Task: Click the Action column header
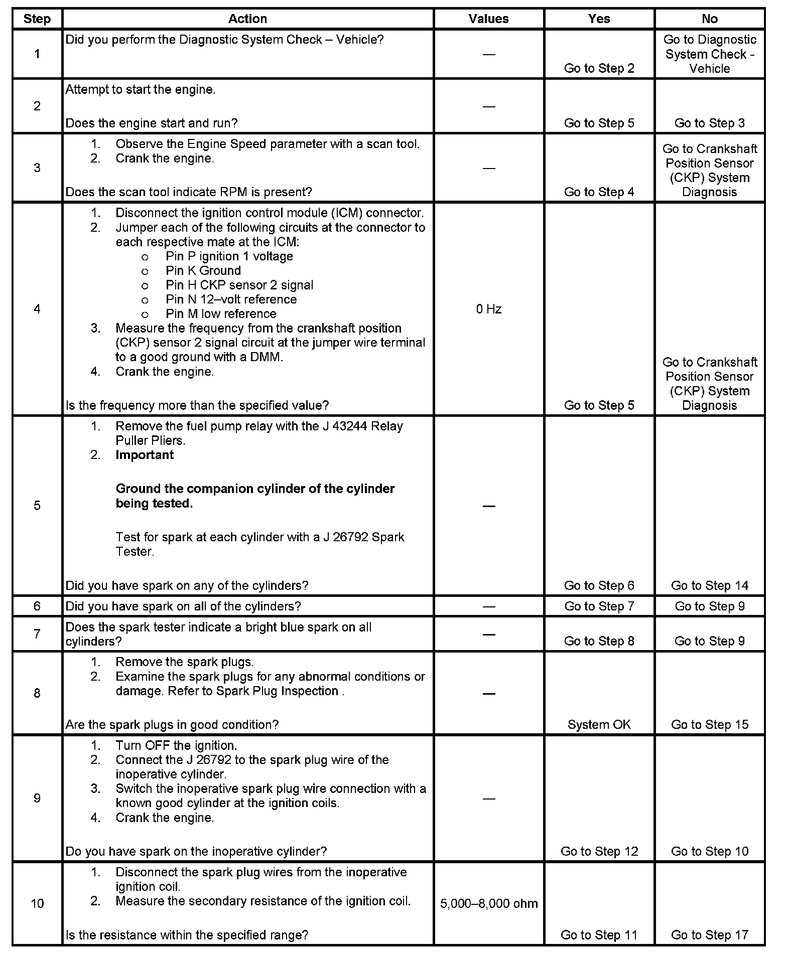point(247,19)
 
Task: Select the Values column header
point(488,19)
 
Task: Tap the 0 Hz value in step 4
point(488,309)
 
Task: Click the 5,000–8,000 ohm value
point(488,904)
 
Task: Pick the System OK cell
point(599,725)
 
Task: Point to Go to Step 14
point(709,586)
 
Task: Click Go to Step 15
point(709,725)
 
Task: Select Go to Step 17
point(709,935)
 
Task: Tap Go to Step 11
point(599,935)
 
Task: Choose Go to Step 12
point(599,852)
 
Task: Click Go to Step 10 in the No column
point(709,852)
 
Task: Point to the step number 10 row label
point(37,904)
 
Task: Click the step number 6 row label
point(37,606)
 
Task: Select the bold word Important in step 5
point(145,455)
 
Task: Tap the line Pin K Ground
point(203,271)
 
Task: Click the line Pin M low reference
point(221,314)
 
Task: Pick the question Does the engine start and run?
point(152,123)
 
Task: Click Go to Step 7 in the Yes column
point(599,606)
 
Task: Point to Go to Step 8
point(599,641)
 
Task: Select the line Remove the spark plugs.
point(184,662)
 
